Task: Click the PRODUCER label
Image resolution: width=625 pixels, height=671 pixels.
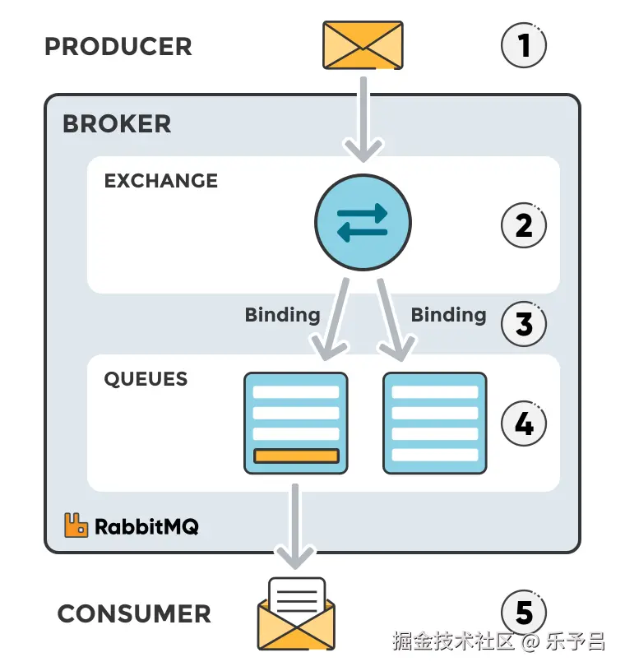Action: click(x=118, y=46)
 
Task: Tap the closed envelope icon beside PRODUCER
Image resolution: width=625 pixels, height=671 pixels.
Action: click(x=363, y=45)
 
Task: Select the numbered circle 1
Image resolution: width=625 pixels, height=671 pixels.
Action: click(x=524, y=45)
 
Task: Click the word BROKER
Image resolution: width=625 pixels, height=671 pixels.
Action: click(x=117, y=123)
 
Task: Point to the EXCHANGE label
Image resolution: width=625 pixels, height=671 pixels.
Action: click(x=161, y=181)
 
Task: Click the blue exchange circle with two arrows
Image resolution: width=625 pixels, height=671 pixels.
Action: click(x=363, y=222)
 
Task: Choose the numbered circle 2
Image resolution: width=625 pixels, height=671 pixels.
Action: click(x=524, y=224)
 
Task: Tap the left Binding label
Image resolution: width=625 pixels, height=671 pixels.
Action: click(x=282, y=315)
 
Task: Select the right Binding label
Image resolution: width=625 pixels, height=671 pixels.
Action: click(x=448, y=315)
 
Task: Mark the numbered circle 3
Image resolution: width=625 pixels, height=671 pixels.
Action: click(x=524, y=324)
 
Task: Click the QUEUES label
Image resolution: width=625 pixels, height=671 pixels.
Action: click(x=146, y=379)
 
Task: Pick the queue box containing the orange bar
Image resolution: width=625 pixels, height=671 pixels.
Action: click(x=296, y=423)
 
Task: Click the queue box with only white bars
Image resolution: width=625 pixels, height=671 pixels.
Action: click(x=435, y=423)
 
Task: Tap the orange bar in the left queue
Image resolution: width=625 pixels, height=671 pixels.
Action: click(x=296, y=456)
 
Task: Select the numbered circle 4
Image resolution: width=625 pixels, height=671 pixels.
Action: click(x=524, y=423)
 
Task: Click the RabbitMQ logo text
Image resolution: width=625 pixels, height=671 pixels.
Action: click(x=146, y=526)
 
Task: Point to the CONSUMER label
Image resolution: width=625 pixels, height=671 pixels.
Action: click(x=134, y=613)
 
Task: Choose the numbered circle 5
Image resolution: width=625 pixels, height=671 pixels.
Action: click(x=524, y=613)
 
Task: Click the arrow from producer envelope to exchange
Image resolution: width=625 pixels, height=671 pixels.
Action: click(x=363, y=115)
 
